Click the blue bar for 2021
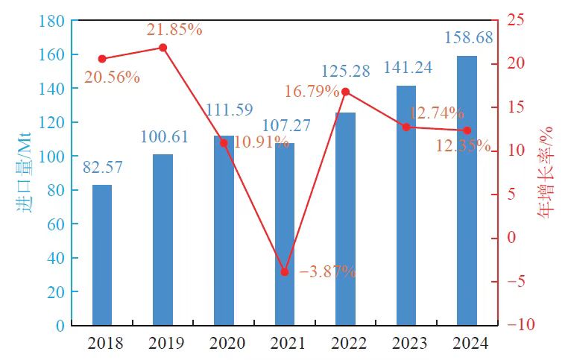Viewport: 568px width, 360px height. point(284,234)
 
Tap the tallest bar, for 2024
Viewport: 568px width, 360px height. point(467,191)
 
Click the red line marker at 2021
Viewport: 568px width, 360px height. point(284,272)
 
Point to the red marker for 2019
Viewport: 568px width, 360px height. point(163,48)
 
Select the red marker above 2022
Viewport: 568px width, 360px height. point(345,92)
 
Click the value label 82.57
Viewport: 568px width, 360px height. point(101,168)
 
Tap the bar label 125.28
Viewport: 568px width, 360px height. point(346,72)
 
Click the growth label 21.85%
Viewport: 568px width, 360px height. point(174,29)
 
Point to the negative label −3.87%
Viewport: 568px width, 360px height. point(327,272)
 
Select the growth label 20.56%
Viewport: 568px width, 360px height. point(112,77)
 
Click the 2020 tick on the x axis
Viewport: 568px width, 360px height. point(224,344)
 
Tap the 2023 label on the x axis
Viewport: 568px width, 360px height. point(406,344)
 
